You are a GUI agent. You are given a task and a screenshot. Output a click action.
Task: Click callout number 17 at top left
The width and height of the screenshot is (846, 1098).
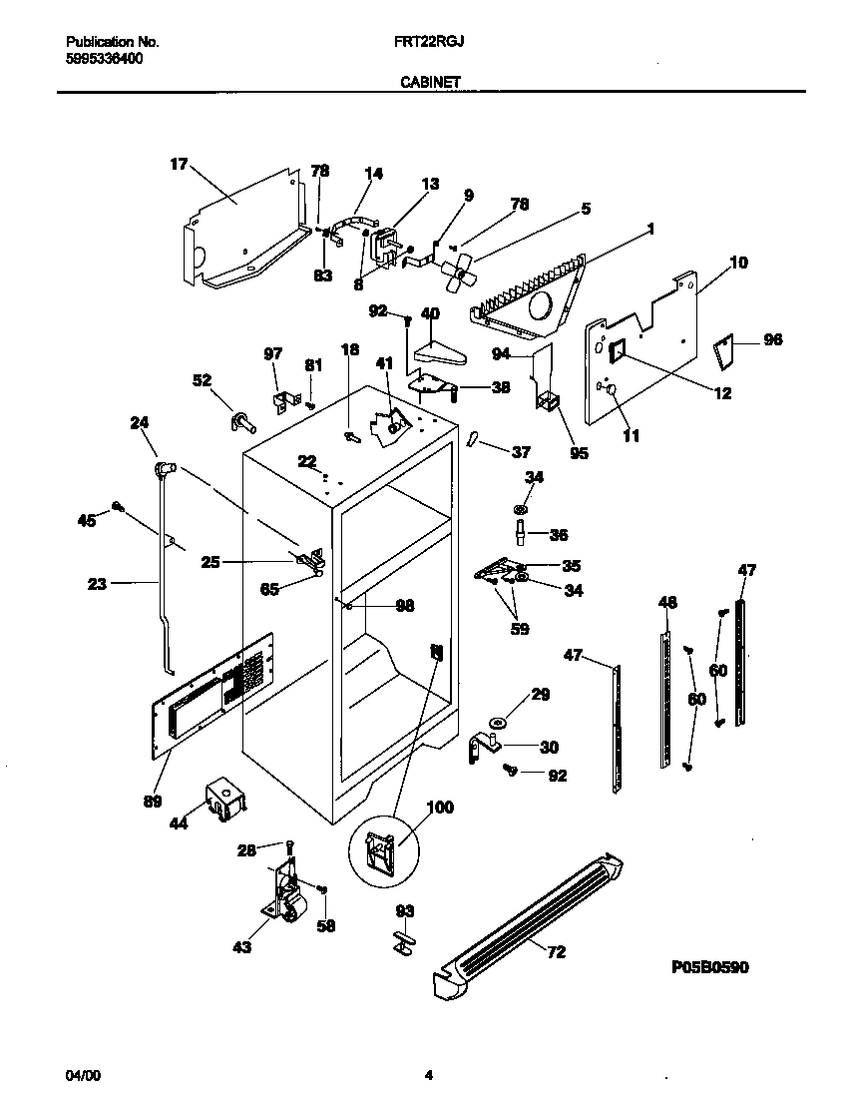tap(179, 165)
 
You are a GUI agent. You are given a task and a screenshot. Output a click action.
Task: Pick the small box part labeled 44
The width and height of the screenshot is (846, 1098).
tap(224, 800)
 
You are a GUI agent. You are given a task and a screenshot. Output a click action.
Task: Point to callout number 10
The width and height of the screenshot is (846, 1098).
tap(738, 264)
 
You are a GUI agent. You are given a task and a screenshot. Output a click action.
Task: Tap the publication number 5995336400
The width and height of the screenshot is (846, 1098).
tap(103, 59)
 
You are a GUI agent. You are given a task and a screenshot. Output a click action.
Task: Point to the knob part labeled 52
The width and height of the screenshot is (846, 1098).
tap(242, 421)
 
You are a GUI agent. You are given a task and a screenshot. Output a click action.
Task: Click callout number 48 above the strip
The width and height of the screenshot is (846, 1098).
tap(667, 602)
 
